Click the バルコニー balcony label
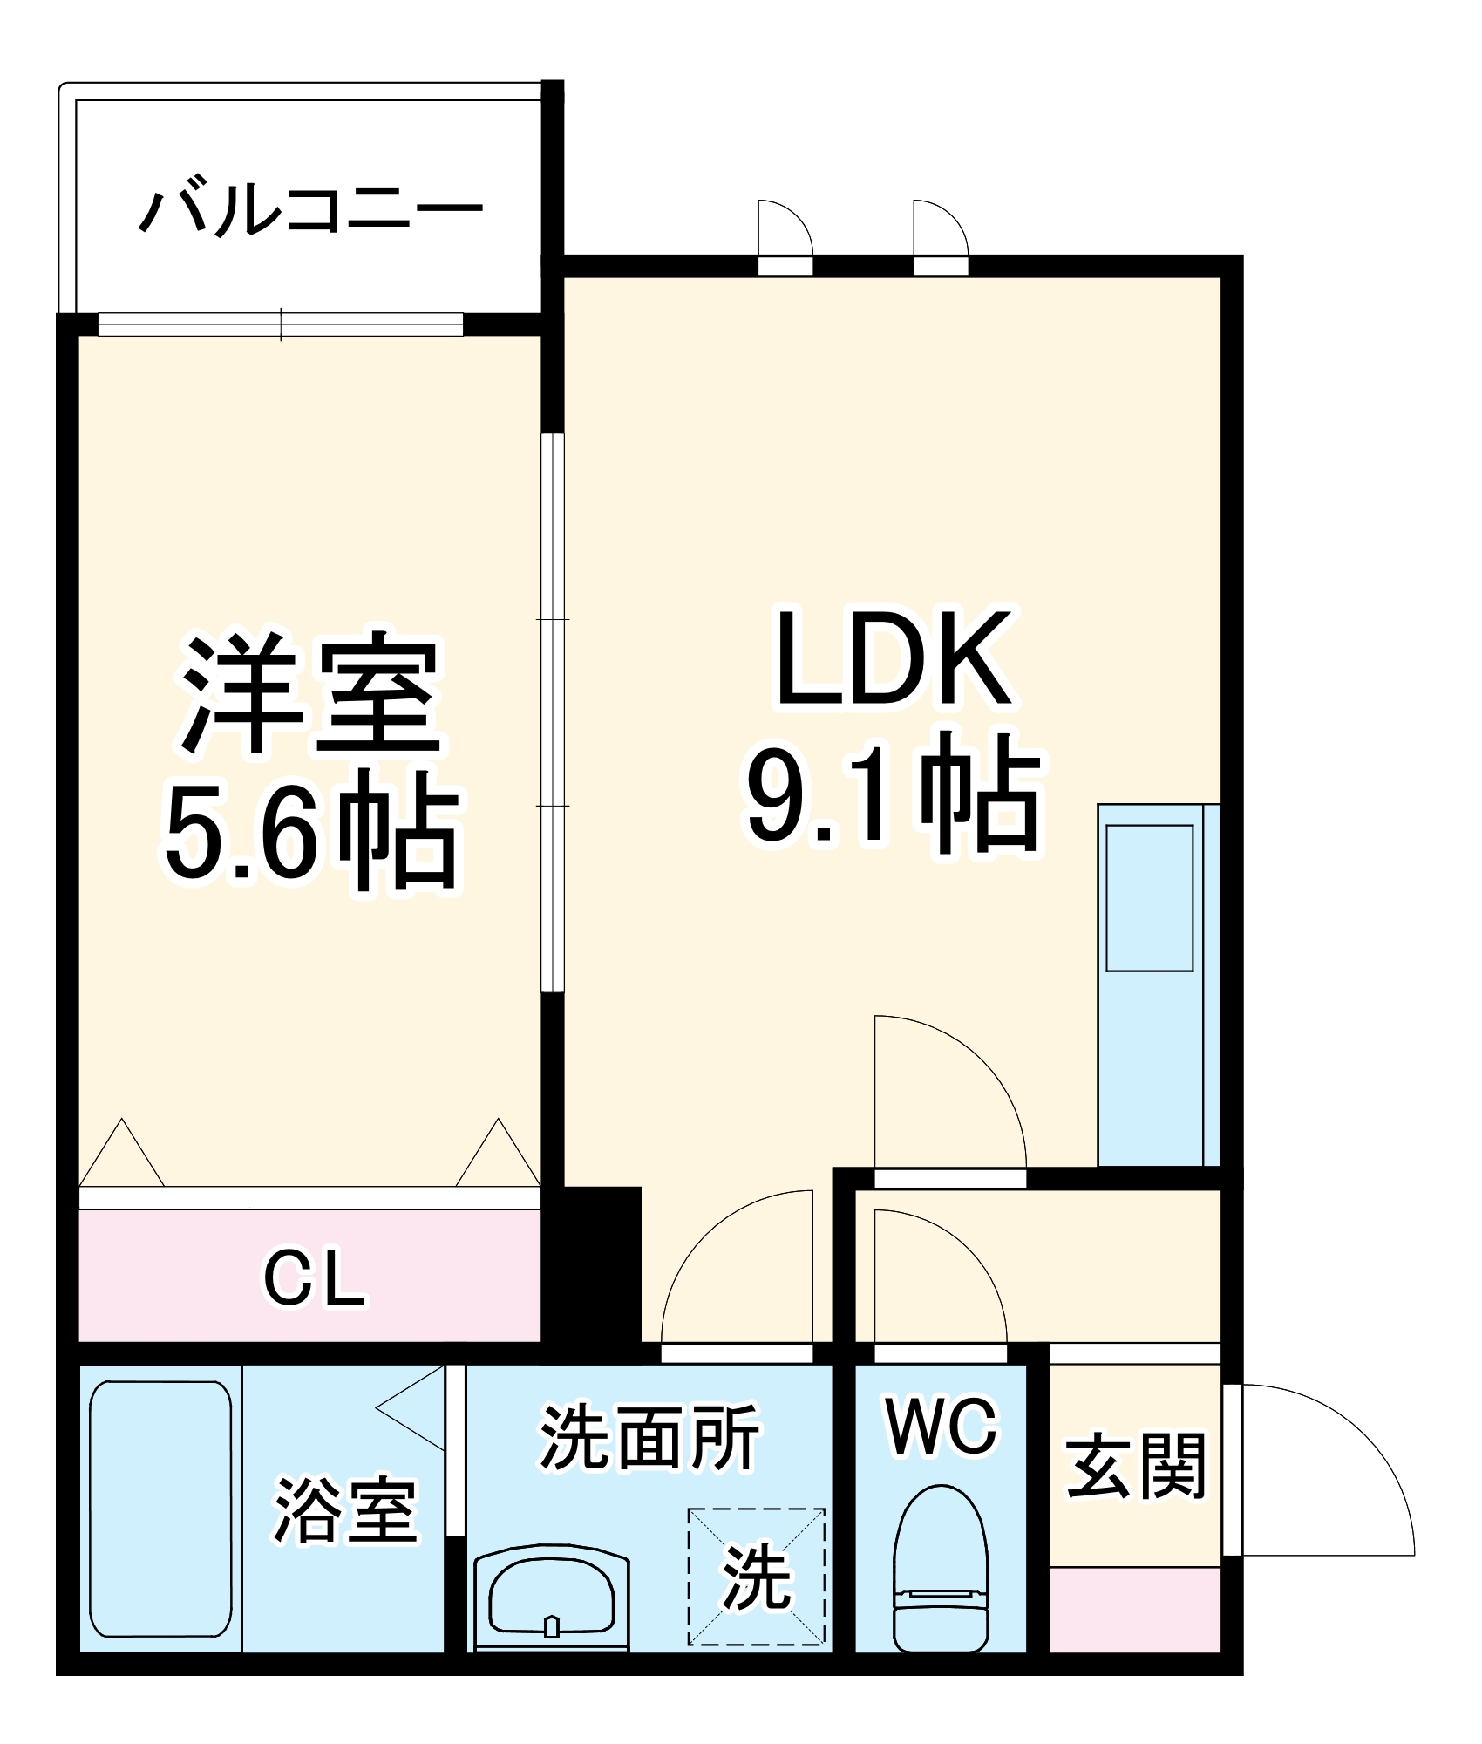pos(310,210)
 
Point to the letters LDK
pos(894,657)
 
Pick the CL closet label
pos(315,1281)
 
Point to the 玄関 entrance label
pos(1137,1467)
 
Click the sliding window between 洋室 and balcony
pos(281,324)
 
